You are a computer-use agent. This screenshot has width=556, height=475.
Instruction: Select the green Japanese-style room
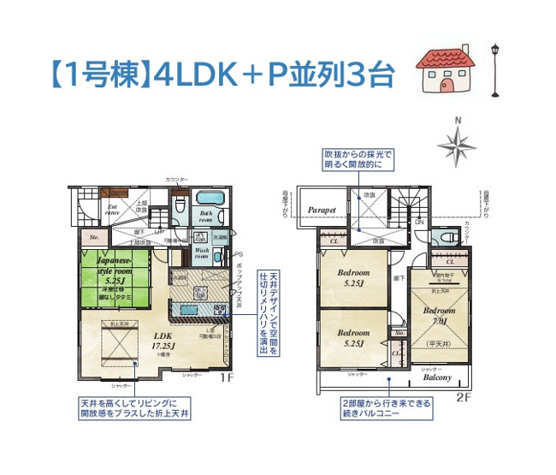pyautogui.click(x=115, y=274)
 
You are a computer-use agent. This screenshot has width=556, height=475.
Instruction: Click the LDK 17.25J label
pyautogui.click(x=163, y=341)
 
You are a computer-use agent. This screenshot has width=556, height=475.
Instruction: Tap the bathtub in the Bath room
pyautogui.click(x=207, y=197)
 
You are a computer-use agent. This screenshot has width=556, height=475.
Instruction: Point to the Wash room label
pyautogui.click(x=202, y=253)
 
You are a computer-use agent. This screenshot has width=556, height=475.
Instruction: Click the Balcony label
pyautogui.click(x=438, y=377)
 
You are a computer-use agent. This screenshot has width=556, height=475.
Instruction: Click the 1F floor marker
pyautogui.click(x=227, y=377)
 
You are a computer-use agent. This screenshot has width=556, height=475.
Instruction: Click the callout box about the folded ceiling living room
pyautogui.click(x=136, y=407)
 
